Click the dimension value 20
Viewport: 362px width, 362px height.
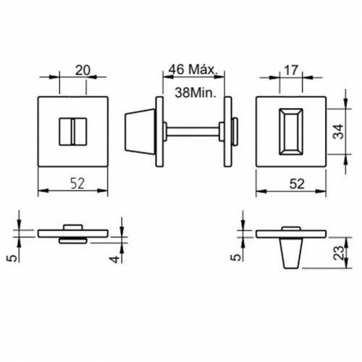click(x=83, y=70)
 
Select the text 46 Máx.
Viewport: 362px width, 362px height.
click(x=193, y=70)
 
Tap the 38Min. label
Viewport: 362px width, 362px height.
click(x=195, y=93)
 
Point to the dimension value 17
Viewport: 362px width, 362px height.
click(x=291, y=70)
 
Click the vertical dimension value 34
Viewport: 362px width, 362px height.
click(x=338, y=131)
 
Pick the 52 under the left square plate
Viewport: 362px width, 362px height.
click(x=77, y=183)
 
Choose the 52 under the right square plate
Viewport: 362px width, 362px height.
click(x=297, y=184)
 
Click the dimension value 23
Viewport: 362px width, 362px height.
click(x=339, y=253)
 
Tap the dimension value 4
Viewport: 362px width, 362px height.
click(x=115, y=259)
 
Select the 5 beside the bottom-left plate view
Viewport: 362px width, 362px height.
click(x=12, y=258)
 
